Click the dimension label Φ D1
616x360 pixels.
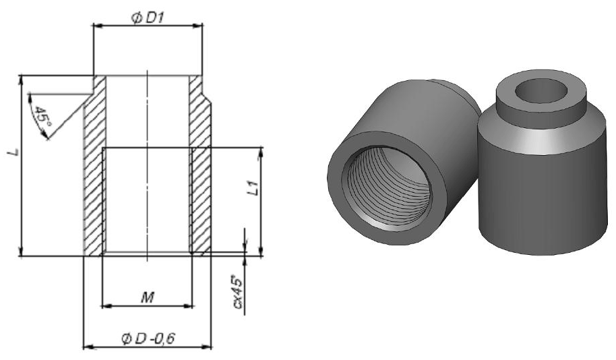148,18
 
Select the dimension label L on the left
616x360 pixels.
13,152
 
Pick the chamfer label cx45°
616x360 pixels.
238,293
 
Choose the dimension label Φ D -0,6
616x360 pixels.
148,338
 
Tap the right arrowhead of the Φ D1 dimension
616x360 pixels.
198,26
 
